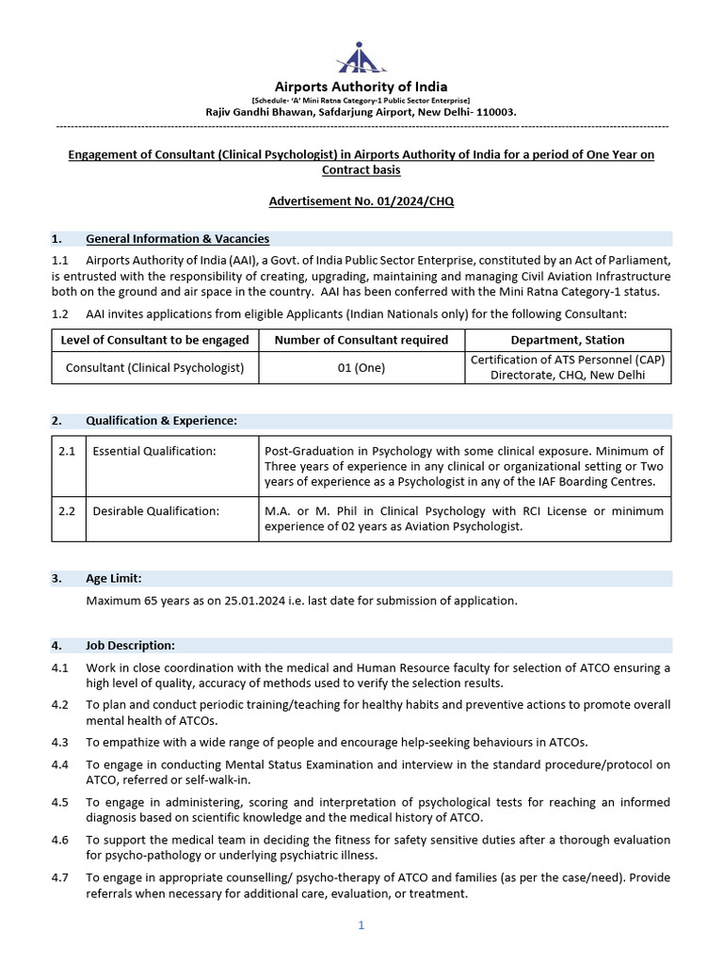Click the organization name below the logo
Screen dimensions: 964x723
click(361, 87)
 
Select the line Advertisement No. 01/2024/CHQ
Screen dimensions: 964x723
click(361, 201)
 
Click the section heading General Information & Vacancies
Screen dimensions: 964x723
click(177, 239)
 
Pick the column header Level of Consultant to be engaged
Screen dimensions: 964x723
click(155, 340)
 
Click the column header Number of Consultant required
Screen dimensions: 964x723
click(361, 340)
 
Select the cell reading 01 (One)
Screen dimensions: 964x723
click(361, 368)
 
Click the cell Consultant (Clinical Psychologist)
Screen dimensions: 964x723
click(155, 368)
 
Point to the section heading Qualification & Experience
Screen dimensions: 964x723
click(161, 421)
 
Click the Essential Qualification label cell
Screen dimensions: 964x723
click(154, 452)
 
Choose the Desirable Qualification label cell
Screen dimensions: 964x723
click(156, 511)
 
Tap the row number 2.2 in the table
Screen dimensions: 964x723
click(67, 511)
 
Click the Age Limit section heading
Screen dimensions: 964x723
click(114, 578)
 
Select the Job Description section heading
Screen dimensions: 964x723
click(130, 645)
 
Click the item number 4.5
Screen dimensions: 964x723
click(60, 802)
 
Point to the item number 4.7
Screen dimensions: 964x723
click(60, 877)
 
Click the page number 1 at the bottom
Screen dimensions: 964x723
click(361, 925)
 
